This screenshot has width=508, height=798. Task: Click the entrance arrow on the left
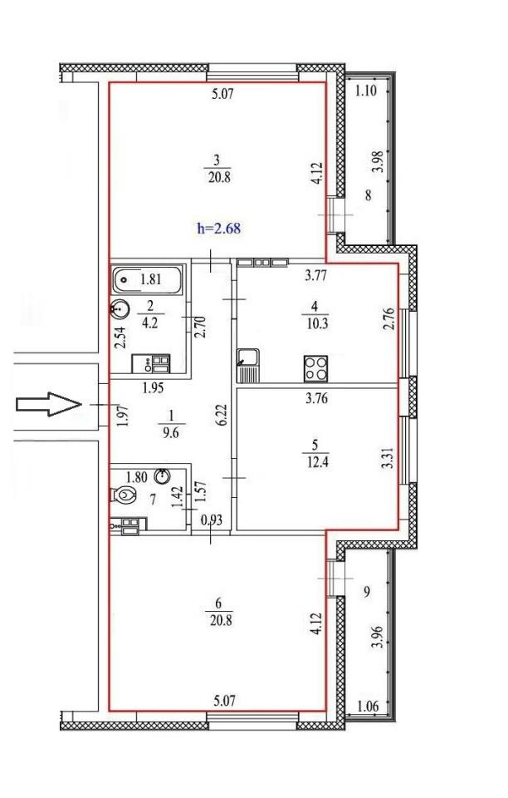click(x=49, y=404)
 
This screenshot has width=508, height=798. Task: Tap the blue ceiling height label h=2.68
click(x=218, y=229)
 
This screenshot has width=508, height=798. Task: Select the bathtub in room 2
click(x=147, y=279)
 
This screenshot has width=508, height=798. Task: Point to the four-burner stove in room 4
click(x=315, y=368)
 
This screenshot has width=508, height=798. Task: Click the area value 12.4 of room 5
click(x=315, y=462)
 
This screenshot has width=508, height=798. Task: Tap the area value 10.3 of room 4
click(x=316, y=323)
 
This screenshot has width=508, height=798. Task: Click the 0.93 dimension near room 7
click(x=212, y=520)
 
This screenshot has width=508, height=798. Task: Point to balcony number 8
click(x=369, y=195)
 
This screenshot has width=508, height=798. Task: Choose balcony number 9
click(x=367, y=592)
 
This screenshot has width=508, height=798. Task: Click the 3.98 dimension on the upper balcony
click(x=377, y=162)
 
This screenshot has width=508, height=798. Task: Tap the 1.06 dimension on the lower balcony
click(x=368, y=706)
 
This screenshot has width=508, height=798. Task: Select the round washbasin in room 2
click(x=120, y=308)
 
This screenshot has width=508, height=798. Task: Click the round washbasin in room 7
click(x=163, y=475)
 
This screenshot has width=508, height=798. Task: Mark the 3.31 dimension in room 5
click(x=388, y=459)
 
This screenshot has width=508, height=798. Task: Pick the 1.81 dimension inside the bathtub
click(x=151, y=279)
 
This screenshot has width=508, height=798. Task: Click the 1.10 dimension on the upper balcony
click(x=366, y=91)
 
